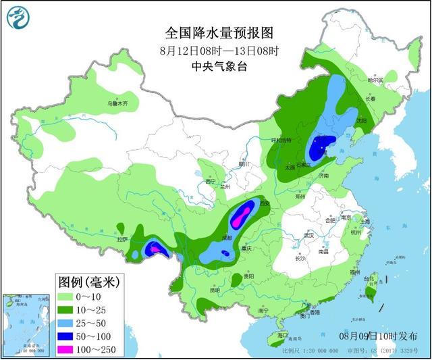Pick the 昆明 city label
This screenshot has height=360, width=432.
(x=214, y=290)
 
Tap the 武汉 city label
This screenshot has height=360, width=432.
(x=309, y=236)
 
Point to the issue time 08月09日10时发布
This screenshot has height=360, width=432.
(x=378, y=336)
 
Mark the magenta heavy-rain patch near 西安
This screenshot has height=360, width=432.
(x=240, y=215)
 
